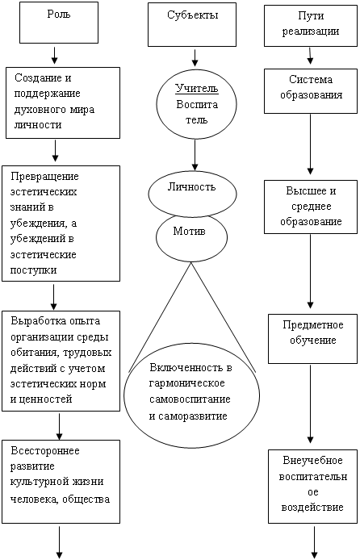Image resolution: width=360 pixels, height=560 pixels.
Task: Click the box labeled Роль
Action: tap(59, 23)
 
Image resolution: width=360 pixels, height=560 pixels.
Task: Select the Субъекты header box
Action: tap(192, 25)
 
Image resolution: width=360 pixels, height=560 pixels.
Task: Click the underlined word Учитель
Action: tap(197, 88)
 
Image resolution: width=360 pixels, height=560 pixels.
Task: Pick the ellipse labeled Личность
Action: tap(192, 194)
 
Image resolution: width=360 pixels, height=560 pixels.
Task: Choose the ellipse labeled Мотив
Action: tap(191, 238)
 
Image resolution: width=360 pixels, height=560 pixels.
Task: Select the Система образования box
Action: tap(311, 91)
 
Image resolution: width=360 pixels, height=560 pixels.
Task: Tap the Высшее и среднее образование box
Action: tap(311, 207)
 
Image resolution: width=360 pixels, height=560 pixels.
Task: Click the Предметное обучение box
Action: tap(313, 339)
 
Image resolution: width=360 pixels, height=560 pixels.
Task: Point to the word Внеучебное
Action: tap(313, 461)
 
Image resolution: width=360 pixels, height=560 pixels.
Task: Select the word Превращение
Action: tap(44, 177)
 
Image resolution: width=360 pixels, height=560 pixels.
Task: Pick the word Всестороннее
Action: tap(45, 451)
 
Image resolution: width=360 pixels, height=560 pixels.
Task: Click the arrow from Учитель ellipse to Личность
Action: tap(195, 155)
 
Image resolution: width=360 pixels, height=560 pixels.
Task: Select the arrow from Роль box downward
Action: tap(55, 55)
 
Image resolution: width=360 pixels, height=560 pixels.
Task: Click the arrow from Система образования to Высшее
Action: tap(310, 144)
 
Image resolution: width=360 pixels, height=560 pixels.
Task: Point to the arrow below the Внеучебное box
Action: tap(315, 542)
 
